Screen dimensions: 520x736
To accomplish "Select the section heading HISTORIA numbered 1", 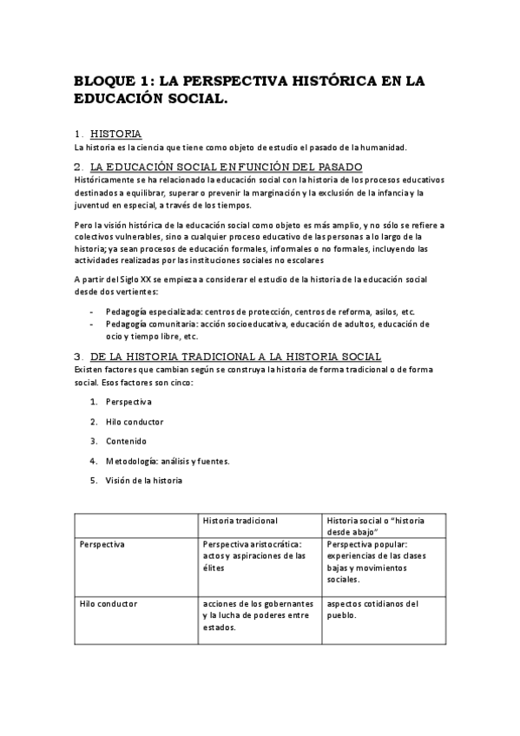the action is click(115, 135).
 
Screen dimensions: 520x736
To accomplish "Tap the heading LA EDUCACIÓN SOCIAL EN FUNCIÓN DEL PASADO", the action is click(226, 167).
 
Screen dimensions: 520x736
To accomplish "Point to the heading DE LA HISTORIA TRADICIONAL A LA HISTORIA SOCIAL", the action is click(234, 358).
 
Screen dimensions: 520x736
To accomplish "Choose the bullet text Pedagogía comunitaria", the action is click(148, 324).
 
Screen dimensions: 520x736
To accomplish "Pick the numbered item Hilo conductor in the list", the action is click(134, 422).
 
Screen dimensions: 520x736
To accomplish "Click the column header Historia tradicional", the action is click(240, 521).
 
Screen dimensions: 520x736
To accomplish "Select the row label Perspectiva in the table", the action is click(102, 544).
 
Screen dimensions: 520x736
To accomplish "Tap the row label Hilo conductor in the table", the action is click(108, 603).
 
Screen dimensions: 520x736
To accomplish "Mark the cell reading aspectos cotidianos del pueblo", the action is click(372, 609).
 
